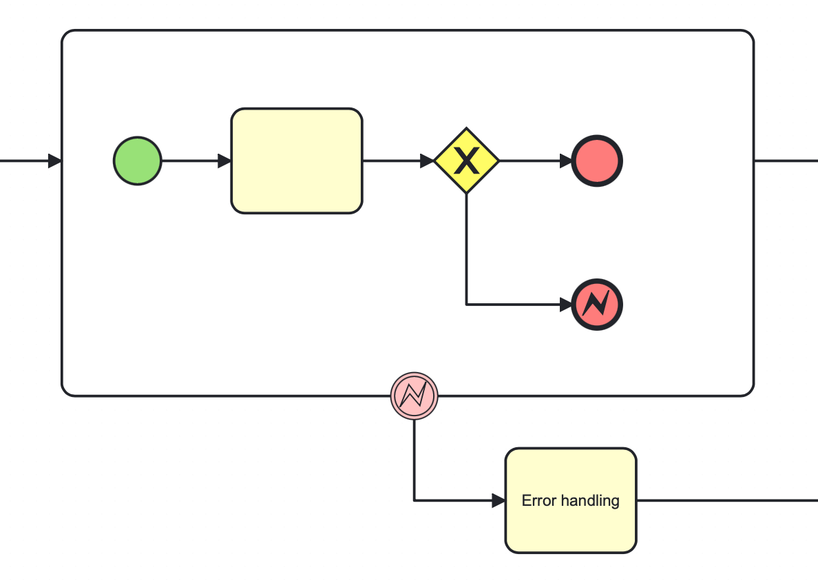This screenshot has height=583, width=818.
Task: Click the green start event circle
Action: (138, 161)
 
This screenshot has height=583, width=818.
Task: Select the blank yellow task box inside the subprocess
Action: (296, 161)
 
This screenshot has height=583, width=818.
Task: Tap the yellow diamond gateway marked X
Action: (466, 161)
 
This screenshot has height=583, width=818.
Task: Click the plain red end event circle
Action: (597, 161)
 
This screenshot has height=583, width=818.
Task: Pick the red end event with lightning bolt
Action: (597, 304)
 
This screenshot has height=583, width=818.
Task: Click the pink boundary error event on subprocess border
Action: (414, 396)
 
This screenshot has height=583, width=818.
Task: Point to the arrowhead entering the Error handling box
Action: (499, 501)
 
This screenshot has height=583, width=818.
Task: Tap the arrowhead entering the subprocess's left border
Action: (54, 161)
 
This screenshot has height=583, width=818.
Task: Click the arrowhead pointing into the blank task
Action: (224, 161)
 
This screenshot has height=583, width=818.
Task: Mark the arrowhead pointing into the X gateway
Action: (427, 161)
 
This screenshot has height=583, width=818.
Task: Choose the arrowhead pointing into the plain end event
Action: (565, 161)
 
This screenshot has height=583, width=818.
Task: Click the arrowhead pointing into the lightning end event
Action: (565, 304)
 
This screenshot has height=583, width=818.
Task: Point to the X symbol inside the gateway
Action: (466, 161)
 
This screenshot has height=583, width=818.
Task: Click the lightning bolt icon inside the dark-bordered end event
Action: (597, 304)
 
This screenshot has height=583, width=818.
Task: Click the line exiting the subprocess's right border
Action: (785, 161)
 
